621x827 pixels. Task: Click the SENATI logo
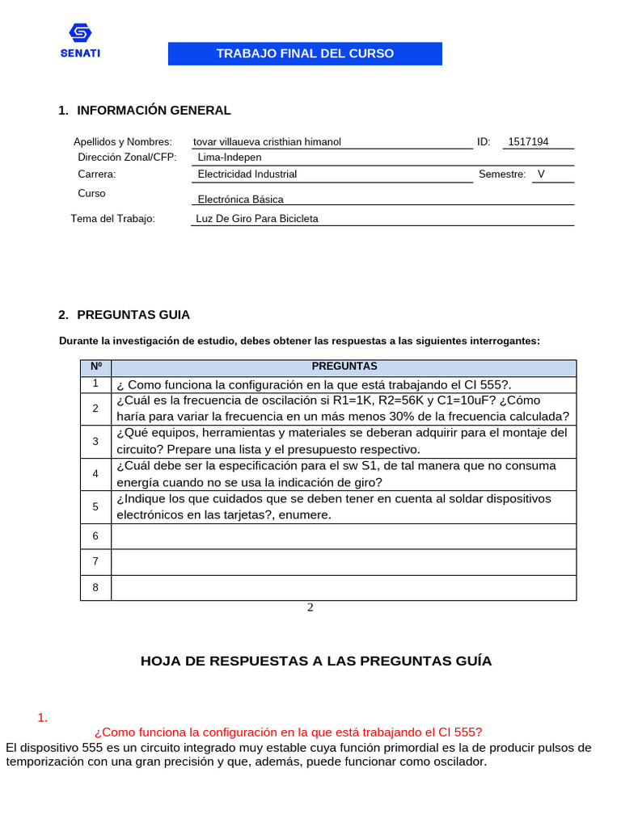coord(80,41)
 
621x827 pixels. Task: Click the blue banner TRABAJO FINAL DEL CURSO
coord(305,54)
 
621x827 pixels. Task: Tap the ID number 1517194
coord(528,142)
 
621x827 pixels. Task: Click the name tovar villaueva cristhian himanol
coord(267,142)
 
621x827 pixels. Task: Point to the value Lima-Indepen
coord(230,157)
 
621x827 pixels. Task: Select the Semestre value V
coord(541,174)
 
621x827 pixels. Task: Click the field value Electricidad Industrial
coord(247,174)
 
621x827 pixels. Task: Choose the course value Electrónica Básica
coord(241,199)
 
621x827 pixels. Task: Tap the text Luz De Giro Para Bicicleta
coord(257,219)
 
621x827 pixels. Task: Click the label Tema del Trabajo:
coord(112,219)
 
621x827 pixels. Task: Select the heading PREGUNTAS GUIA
coord(133,315)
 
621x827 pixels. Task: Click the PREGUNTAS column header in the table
coord(344,367)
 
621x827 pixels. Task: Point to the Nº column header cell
coord(95,367)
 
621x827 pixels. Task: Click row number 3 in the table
coord(95,441)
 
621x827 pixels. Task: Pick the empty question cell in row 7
coord(344,561)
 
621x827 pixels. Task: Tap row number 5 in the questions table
coord(95,506)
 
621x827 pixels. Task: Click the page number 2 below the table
coord(310,608)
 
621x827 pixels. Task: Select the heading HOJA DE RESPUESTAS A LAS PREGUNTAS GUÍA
coord(316,661)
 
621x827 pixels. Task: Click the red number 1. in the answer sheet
coord(44,717)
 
